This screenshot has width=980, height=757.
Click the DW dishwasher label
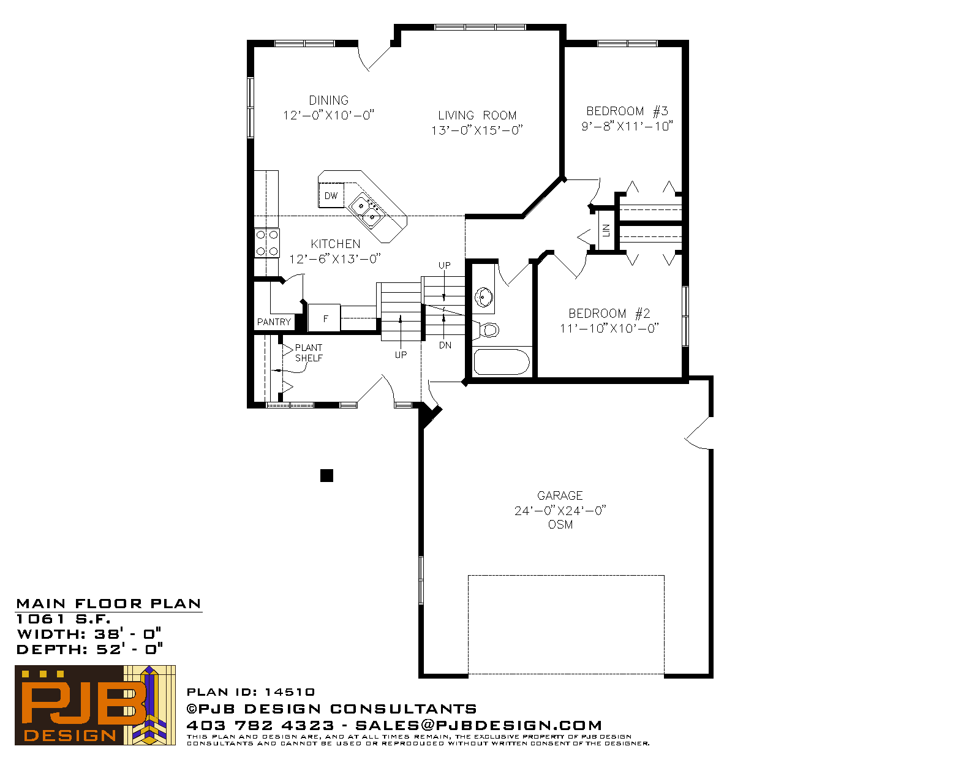click(x=331, y=195)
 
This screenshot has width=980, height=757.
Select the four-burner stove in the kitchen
click(x=267, y=243)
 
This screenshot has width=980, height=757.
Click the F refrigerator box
click(x=324, y=318)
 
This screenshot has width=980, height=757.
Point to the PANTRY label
click(x=274, y=322)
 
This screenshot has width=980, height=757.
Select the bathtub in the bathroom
click(x=501, y=361)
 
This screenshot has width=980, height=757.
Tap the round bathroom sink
click(x=484, y=296)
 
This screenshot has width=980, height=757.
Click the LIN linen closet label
click(x=606, y=230)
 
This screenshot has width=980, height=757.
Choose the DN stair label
click(x=445, y=345)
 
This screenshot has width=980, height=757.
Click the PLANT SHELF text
click(x=309, y=353)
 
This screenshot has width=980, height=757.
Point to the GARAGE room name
click(x=560, y=495)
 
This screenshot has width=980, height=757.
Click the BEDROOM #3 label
click(x=627, y=111)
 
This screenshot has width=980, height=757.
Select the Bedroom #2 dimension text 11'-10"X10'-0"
click(x=609, y=328)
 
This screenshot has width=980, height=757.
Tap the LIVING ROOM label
click(x=477, y=115)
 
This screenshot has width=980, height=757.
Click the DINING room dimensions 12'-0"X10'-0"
click(x=329, y=115)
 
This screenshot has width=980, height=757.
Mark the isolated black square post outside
click(x=326, y=475)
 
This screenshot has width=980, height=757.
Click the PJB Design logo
click(x=95, y=705)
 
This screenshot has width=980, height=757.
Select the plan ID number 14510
click(x=290, y=692)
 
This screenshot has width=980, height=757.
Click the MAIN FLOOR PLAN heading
click(x=108, y=604)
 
